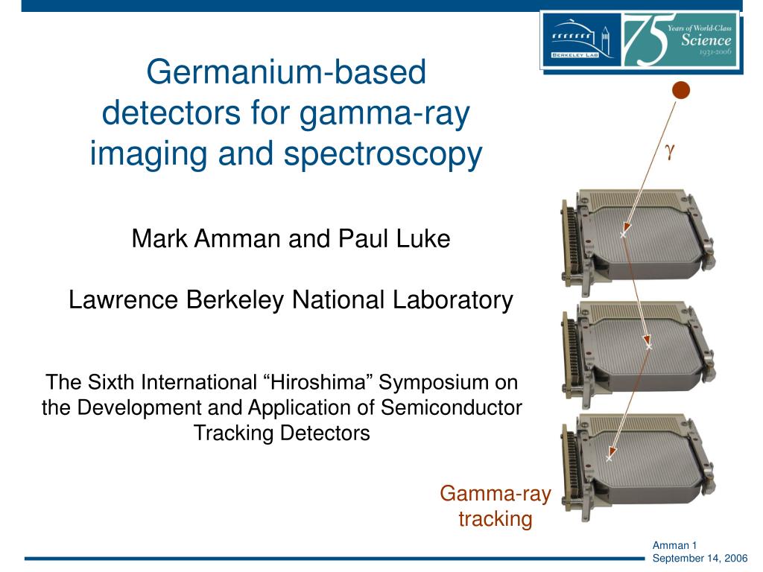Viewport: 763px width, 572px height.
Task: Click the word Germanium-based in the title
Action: point(286,72)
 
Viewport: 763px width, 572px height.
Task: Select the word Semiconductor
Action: point(452,408)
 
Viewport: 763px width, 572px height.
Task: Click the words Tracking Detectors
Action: point(282,433)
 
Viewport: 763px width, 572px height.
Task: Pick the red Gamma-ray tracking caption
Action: point(495,506)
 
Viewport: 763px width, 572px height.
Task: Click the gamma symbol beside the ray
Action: point(670,150)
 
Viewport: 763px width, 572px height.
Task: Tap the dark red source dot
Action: point(680,91)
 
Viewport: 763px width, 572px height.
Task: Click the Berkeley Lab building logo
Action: point(581,40)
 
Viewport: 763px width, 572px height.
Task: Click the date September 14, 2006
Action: point(700,559)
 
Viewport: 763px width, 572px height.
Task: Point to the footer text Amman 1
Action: point(674,546)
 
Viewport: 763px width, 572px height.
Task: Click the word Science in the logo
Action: point(706,40)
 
